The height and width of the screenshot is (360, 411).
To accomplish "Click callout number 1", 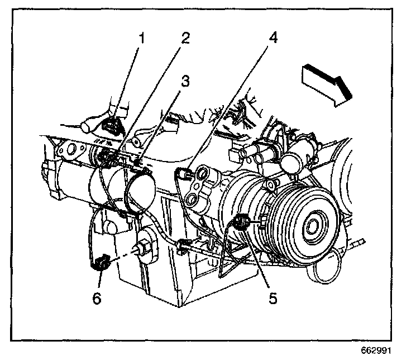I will click(142, 39).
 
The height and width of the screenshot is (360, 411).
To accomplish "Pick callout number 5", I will click(273, 299).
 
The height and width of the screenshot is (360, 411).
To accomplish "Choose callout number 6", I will click(98, 299).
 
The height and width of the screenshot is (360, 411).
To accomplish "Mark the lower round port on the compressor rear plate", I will click(193, 198).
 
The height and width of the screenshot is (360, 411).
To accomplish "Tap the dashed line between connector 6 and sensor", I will click(121, 254).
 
